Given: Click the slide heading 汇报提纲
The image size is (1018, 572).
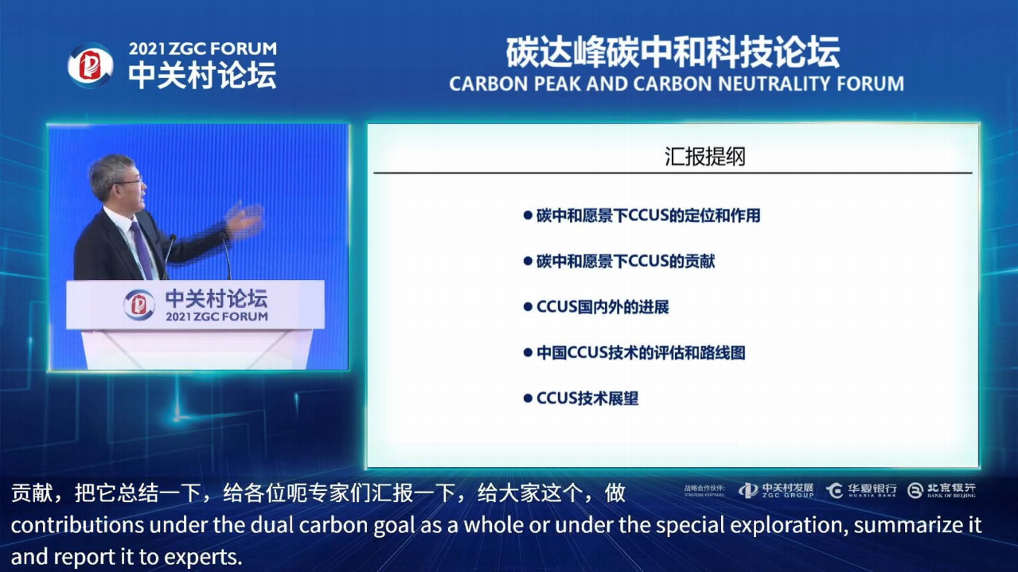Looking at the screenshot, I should (705, 157).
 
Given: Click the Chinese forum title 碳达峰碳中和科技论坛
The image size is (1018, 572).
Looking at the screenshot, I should (673, 53).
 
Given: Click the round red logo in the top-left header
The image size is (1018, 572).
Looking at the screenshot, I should (90, 66).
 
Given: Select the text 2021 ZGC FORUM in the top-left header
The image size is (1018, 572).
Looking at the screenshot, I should (203, 49).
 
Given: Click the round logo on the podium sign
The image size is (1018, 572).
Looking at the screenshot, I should (139, 305).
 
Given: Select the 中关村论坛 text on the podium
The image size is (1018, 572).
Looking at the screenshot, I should (216, 298).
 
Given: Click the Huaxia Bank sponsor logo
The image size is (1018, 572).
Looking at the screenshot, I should (861, 490).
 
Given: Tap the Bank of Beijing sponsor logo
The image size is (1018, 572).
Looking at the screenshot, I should (942, 490).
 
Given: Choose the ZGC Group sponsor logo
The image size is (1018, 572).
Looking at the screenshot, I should (776, 490).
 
